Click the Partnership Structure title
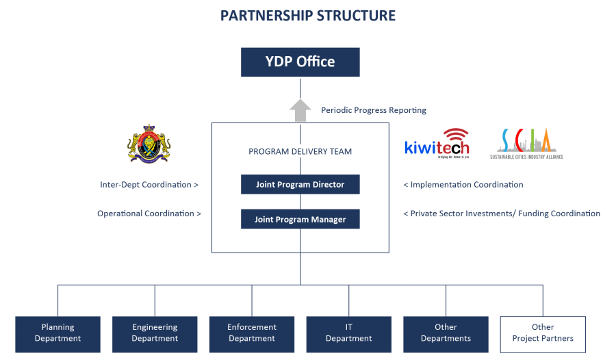coord(308,16)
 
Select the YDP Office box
coord(300,62)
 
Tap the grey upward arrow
coord(300,110)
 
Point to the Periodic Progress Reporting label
coord(374,110)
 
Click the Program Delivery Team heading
coord(300,151)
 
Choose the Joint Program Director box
coord(300,185)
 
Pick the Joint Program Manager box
coord(300,219)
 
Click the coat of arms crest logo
coord(149,143)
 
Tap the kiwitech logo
coord(437,143)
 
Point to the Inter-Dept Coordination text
coord(149,185)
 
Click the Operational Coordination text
coord(149,214)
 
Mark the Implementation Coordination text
coord(463,185)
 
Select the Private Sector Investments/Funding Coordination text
coord(502,214)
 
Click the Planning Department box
coord(57,333)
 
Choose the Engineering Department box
coord(155,333)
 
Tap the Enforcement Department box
coord(252,333)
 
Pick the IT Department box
coord(349,333)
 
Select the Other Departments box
coord(446,333)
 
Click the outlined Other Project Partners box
coord(543,333)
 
